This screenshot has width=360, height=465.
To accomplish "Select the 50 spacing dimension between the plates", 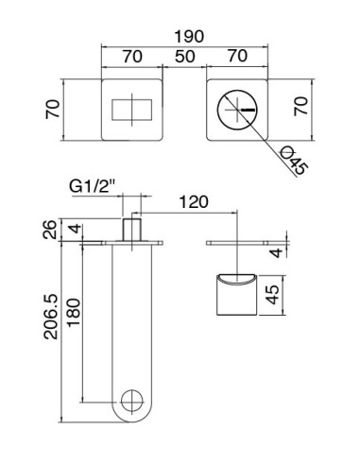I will (x=184, y=57).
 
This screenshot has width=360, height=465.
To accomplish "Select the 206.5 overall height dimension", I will (x=54, y=324).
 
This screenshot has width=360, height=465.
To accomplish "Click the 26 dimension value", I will (x=54, y=231).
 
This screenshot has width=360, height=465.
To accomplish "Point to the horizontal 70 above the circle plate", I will (x=239, y=57).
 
